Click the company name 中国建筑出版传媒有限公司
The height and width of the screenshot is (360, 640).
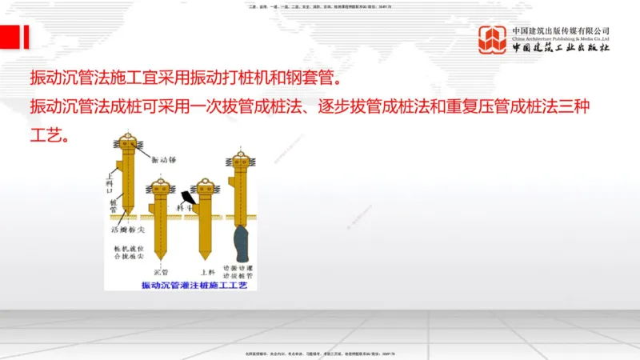tap(561, 30)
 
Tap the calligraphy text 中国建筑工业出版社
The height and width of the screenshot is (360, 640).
tap(561, 48)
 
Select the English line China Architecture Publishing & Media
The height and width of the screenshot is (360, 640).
tap(561, 38)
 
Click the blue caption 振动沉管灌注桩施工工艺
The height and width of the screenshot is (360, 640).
tap(195, 285)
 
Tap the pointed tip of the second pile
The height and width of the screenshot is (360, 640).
tap(160, 256)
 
